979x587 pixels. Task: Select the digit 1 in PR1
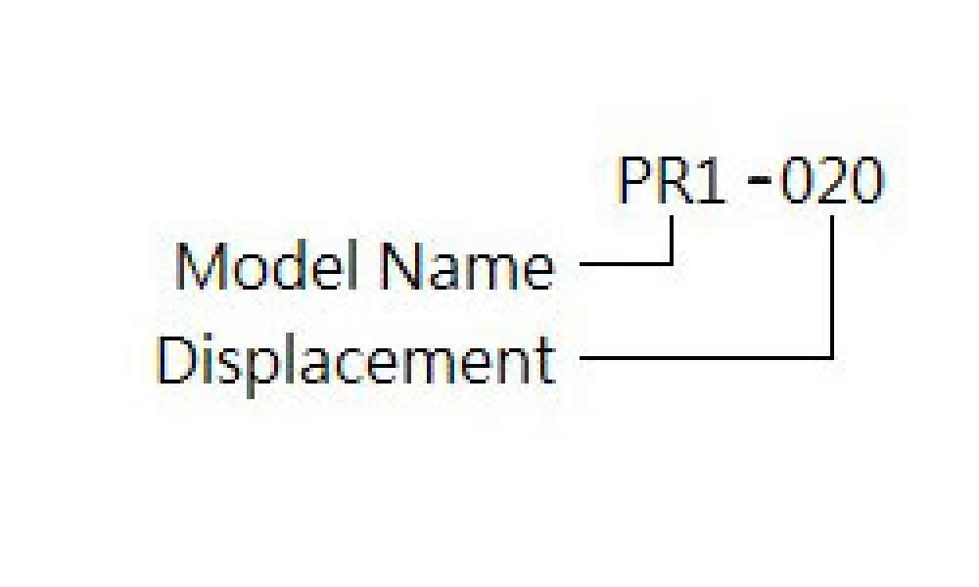711,181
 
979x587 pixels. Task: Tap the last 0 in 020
868,181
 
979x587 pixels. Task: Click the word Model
269,266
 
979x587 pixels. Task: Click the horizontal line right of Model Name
627,264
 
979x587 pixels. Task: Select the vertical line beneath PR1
672,240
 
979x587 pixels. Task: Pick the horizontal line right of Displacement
707,357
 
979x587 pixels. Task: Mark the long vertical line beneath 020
831,287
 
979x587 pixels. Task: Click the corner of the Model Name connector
672,264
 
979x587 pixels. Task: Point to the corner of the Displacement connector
831,357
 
